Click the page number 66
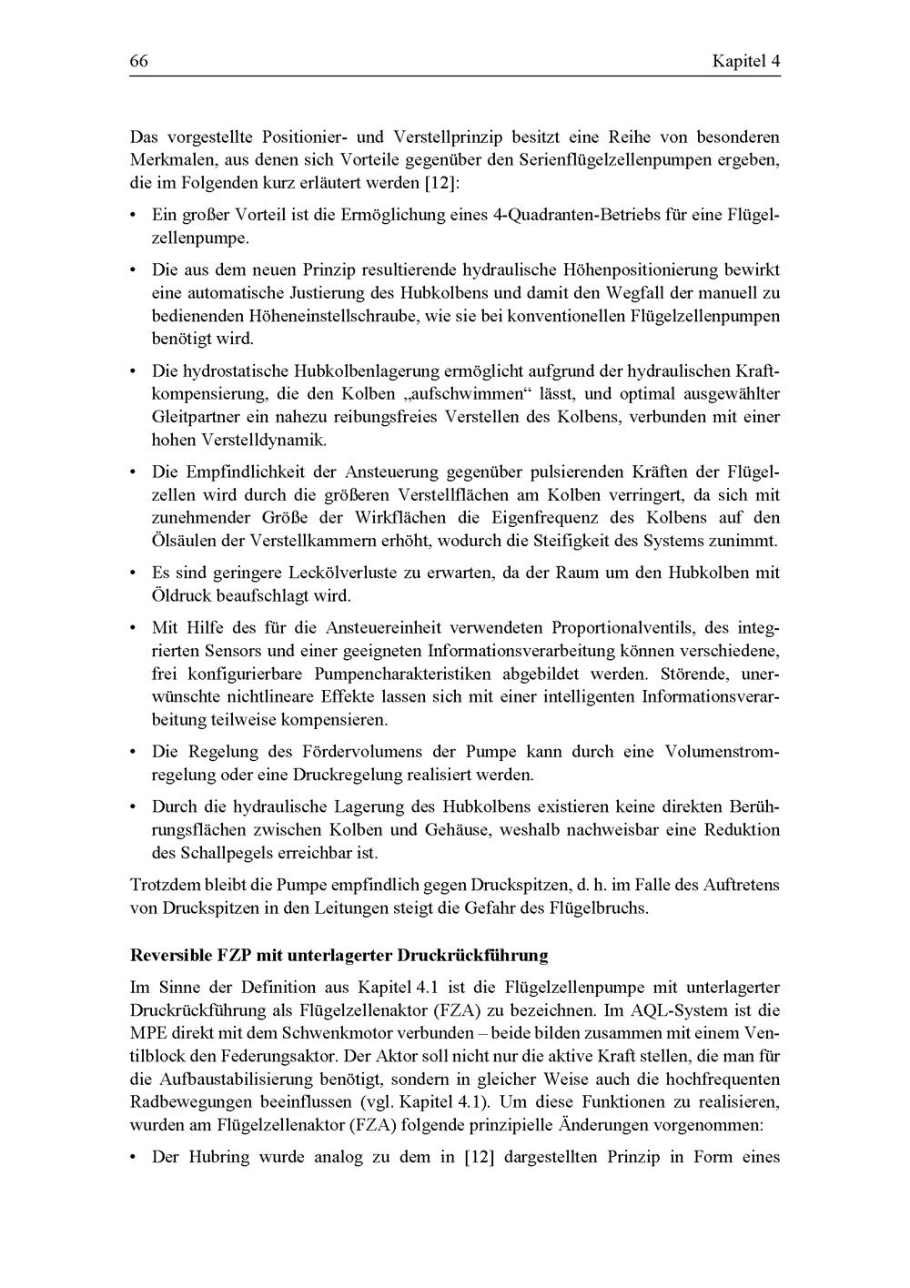coord(138,62)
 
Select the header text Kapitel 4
coord(746,62)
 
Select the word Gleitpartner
coord(192,417)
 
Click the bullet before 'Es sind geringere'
coord(134,573)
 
